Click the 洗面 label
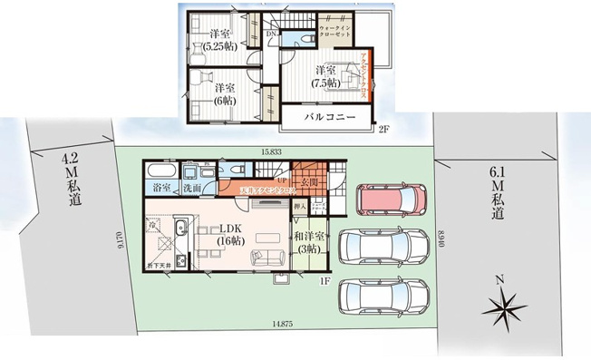[x=191, y=189]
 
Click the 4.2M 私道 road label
[x=70, y=178]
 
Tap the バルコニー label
[x=327, y=118]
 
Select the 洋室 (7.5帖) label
[x=325, y=77]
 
